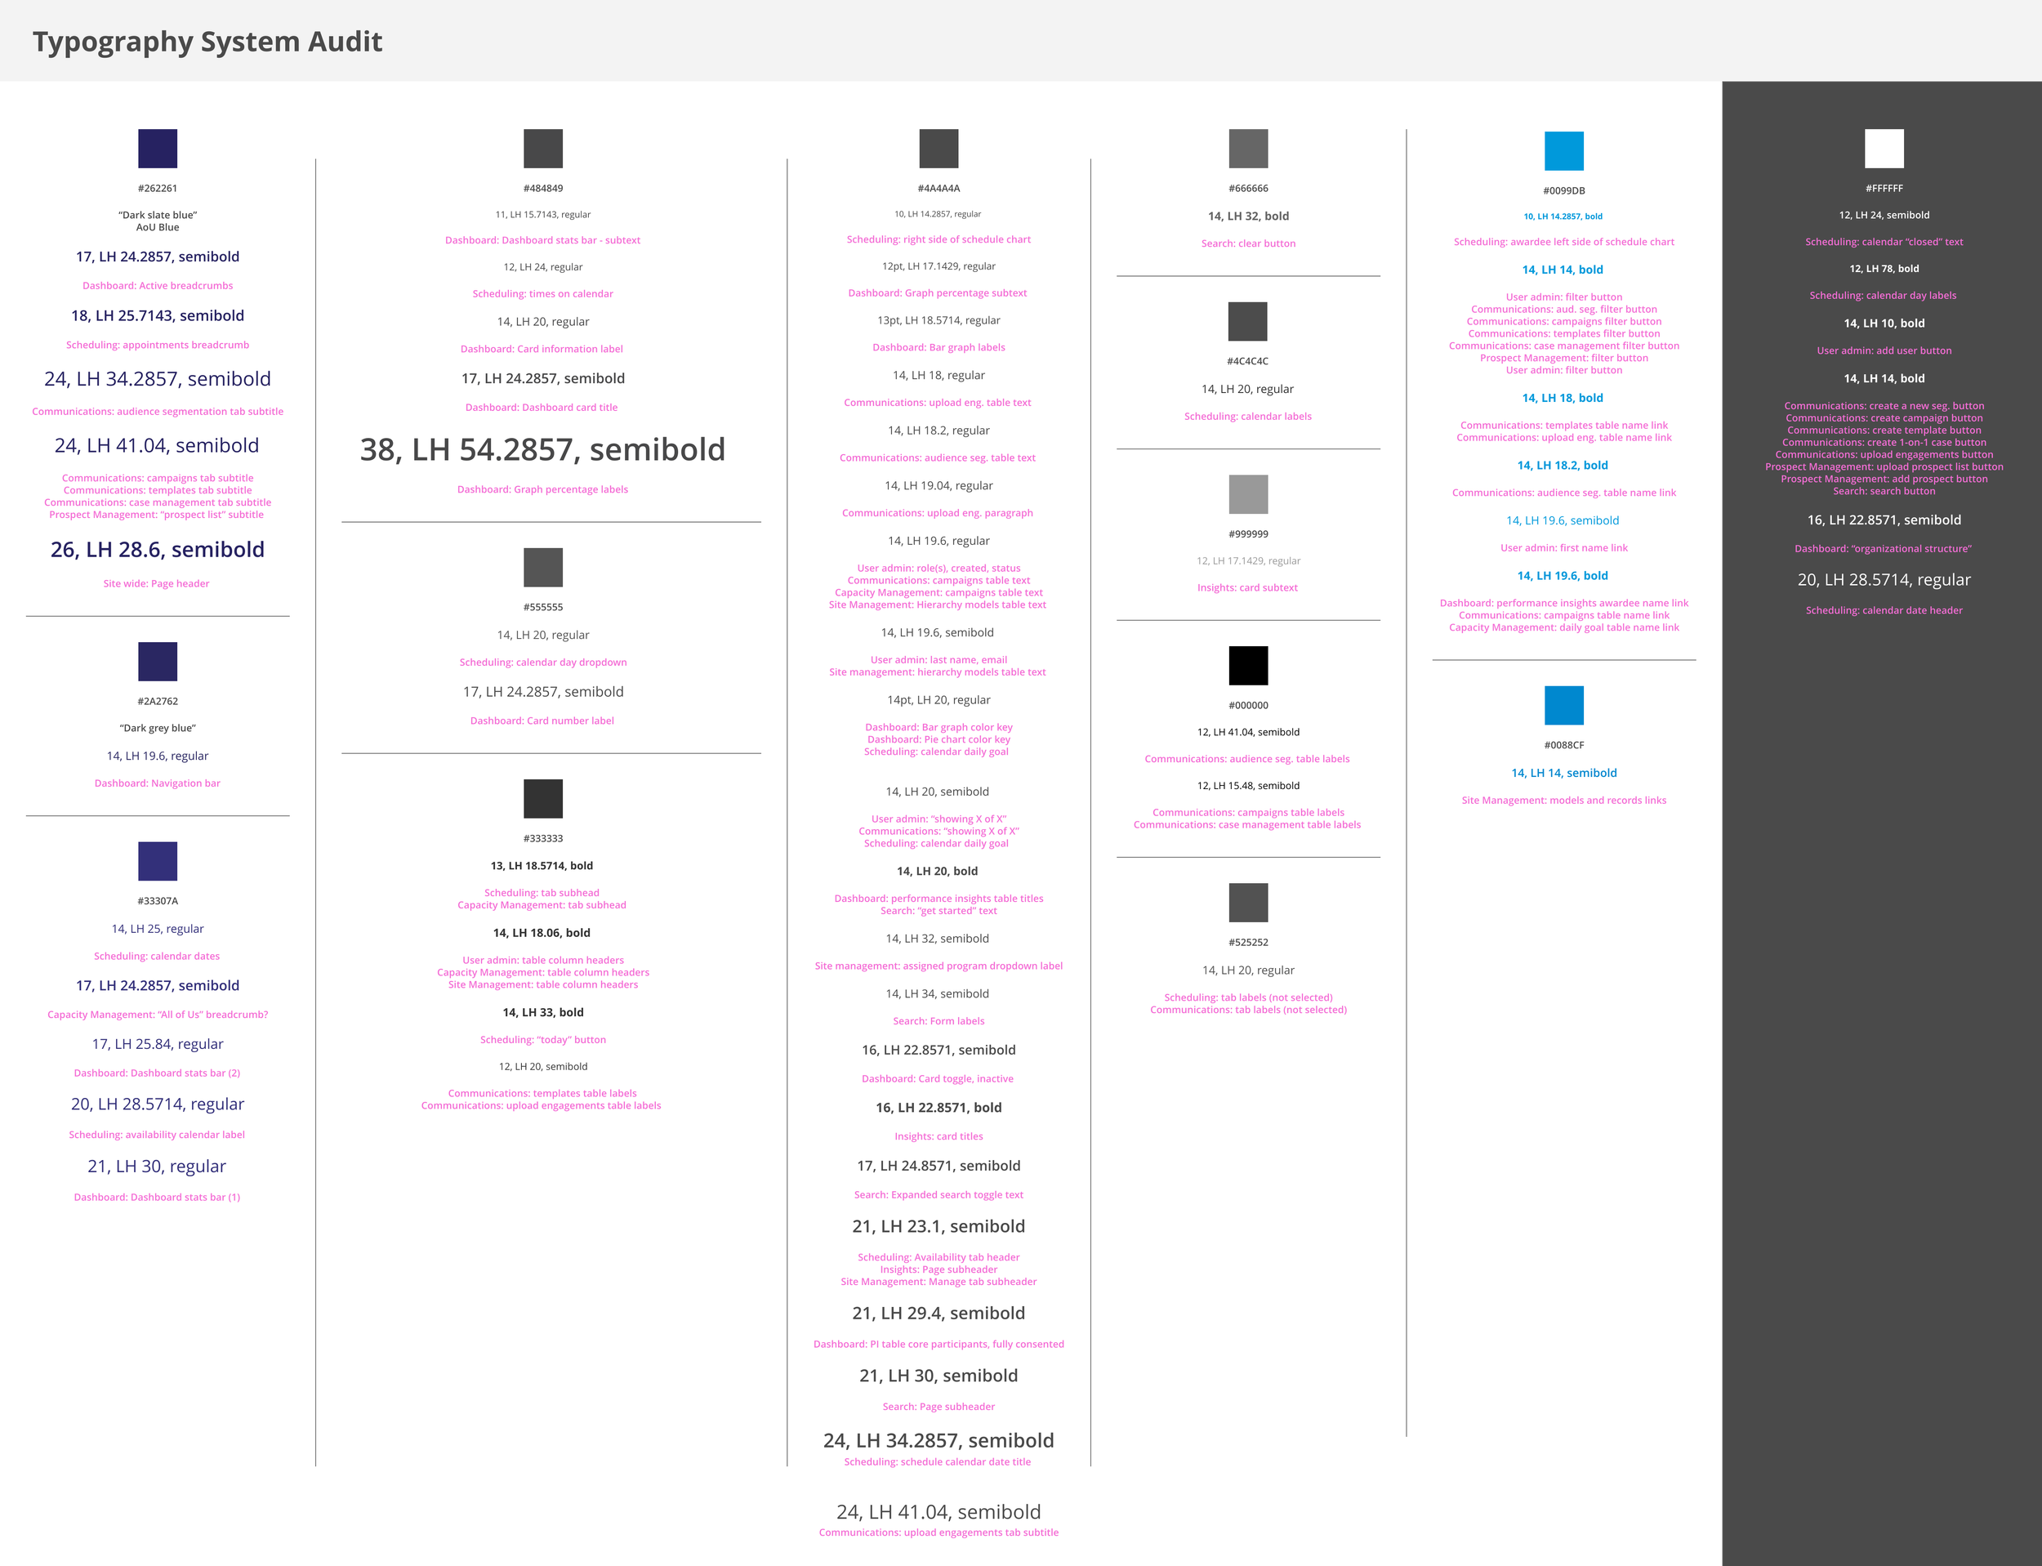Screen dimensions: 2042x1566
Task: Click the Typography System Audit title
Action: tap(207, 42)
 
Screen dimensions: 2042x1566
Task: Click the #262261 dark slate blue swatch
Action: tap(158, 148)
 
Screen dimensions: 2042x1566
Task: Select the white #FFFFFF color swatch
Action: tap(1884, 148)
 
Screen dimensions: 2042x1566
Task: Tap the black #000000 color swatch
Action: tap(1248, 666)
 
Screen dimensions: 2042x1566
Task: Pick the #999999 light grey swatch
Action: tap(1248, 494)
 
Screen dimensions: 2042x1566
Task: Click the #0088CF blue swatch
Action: tap(1563, 705)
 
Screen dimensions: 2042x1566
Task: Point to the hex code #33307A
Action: tap(158, 901)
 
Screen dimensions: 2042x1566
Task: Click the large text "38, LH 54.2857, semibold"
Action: tap(542, 449)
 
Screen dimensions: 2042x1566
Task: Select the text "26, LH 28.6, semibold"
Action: tap(158, 550)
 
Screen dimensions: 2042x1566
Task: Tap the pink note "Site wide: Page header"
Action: tap(157, 583)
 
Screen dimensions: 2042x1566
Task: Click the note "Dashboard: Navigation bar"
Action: tap(158, 783)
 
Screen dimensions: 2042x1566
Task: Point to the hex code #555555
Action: tap(542, 607)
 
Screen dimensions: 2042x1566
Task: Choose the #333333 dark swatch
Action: tap(542, 799)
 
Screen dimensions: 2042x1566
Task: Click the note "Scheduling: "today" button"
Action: tap(542, 1039)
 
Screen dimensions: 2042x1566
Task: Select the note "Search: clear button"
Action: tap(1248, 243)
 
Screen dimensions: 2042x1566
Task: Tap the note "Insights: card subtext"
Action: tap(1247, 587)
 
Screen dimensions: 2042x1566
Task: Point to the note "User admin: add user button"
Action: tap(1884, 350)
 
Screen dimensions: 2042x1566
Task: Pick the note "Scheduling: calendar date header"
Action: tap(1884, 610)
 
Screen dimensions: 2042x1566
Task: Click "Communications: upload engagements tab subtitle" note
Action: tap(939, 1533)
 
